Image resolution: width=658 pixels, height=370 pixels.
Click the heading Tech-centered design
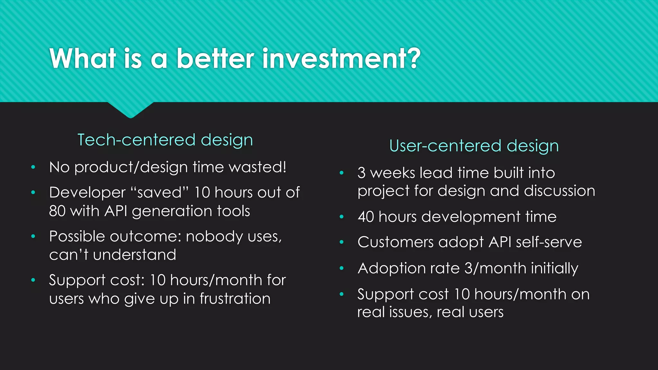pos(165,140)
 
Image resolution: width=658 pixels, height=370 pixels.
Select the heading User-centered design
pos(474,146)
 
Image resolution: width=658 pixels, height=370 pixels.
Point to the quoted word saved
pos(159,193)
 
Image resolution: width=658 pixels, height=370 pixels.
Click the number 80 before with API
pos(57,211)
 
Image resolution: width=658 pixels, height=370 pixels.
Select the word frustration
pos(235,299)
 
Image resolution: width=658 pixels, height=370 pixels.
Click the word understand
pos(134,255)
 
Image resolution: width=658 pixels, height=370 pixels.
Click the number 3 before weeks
pos(361,173)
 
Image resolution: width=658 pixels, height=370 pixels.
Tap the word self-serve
pos(549,242)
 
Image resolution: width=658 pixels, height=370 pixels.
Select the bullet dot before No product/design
pos(33,167)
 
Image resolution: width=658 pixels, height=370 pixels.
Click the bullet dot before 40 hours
pos(342,217)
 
